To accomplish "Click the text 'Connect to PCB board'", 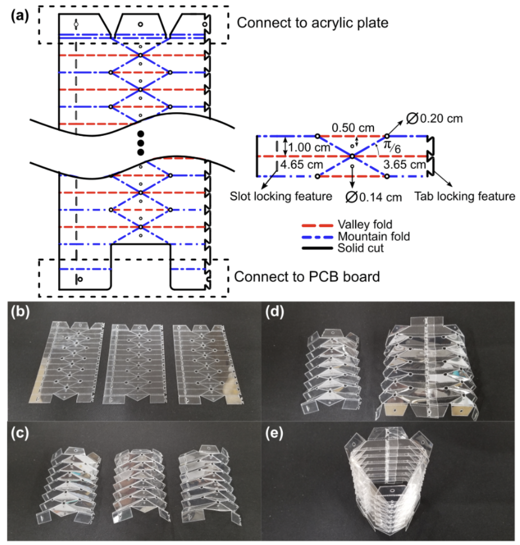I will click(x=307, y=277).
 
